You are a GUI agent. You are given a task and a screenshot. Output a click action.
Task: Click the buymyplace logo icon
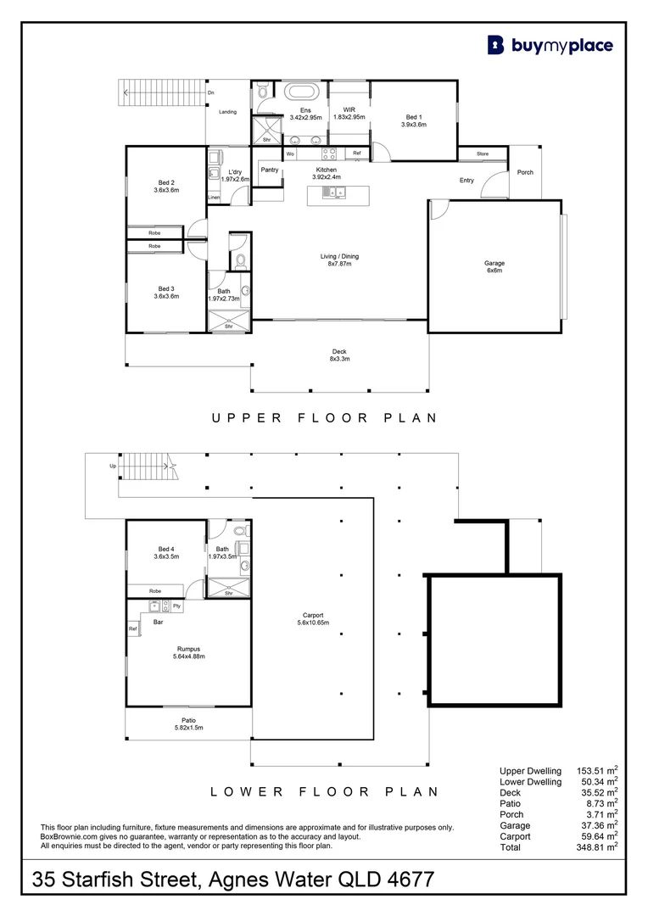[496, 45]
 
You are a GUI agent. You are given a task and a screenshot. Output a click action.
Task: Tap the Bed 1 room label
[414, 120]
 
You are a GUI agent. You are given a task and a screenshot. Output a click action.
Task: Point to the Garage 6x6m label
[494, 267]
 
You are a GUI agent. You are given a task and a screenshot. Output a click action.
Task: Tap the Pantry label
[270, 170]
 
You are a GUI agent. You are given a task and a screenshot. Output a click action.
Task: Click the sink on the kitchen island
[327, 193]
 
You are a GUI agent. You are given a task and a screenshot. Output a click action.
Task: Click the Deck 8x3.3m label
[339, 355]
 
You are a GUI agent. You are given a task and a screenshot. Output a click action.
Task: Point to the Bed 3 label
[166, 292]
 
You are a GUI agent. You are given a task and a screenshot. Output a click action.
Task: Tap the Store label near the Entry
[482, 154]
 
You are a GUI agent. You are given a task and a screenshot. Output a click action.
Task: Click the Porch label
[525, 172]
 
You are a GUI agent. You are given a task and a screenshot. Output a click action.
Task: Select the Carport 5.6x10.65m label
[312, 619]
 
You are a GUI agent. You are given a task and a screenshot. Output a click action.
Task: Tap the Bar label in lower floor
[158, 622]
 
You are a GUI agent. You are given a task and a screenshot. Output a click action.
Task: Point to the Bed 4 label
[166, 553]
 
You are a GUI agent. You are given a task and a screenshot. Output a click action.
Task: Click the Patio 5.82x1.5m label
[188, 724]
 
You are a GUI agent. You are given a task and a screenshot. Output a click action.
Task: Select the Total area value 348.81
[592, 846]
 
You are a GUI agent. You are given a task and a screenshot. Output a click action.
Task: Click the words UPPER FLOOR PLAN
[324, 417]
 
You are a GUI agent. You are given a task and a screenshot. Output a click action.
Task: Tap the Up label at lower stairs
[113, 466]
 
